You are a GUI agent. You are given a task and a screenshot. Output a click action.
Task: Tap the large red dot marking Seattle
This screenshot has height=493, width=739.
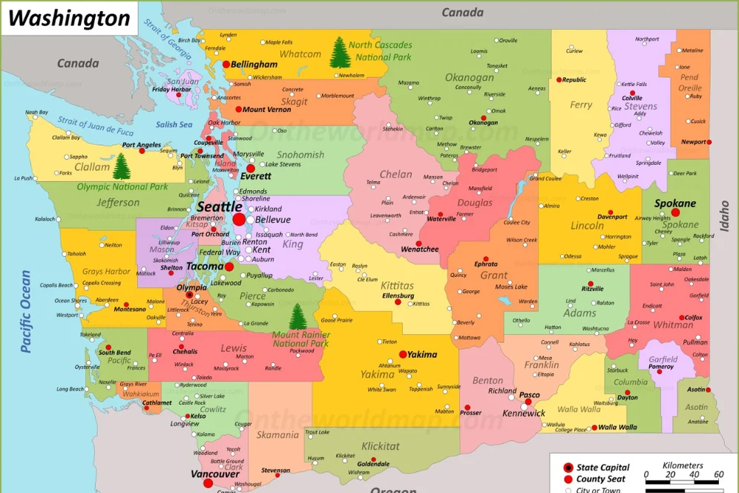coord(239,220)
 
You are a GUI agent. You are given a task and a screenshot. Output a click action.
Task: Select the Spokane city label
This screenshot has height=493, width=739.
coord(674,203)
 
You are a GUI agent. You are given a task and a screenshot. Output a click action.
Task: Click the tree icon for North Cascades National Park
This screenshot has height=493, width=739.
coord(339,53)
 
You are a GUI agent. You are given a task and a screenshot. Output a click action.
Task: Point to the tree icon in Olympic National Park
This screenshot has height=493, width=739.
coord(121,166)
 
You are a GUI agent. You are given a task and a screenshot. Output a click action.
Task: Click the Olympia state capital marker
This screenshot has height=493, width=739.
coord(189,295)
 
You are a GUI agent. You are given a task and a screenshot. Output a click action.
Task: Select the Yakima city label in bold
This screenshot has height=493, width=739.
coord(423,355)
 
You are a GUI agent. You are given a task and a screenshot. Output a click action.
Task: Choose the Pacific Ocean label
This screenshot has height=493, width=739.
coord(27,312)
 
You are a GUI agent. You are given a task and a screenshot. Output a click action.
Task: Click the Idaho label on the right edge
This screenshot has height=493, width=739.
coord(724,216)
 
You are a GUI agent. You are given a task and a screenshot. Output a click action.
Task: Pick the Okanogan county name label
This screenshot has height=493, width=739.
coord(469,77)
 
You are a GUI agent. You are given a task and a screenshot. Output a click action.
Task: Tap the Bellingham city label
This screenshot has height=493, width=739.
coord(254,65)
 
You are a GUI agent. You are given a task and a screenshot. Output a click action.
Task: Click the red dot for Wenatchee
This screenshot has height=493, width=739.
coord(418,243)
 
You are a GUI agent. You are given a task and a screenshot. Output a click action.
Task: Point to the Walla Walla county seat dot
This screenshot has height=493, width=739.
coord(594,428)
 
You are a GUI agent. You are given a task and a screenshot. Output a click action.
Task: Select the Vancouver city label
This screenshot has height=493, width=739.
coord(214,474)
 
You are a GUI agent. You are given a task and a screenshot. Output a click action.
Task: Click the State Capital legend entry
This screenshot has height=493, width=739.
coord(602,468)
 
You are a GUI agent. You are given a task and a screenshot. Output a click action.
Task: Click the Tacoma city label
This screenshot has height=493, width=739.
coord(205,267)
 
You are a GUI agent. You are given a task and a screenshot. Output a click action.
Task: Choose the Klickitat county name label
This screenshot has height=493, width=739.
coord(380,446)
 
